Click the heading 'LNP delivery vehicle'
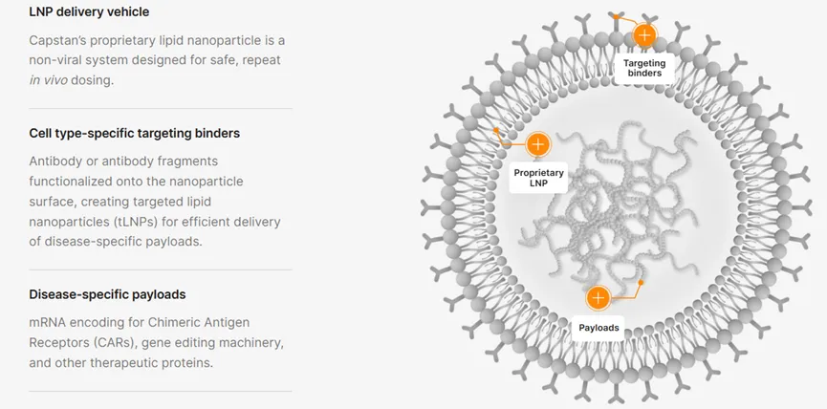click(89, 12)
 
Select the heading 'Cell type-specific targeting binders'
click(135, 133)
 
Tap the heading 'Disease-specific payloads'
click(107, 294)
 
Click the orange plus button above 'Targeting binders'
click(644, 35)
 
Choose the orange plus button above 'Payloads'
click(598, 297)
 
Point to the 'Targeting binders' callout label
click(644, 68)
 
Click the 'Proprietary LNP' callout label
click(539, 178)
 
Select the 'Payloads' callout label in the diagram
click(598, 328)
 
